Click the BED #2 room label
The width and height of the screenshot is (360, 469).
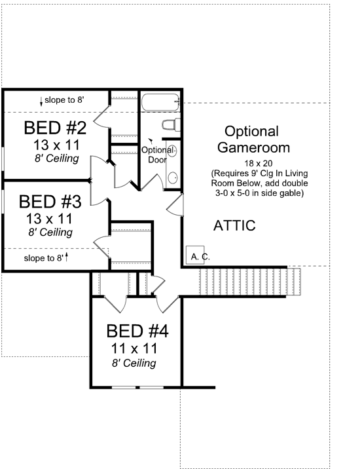click(56, 126)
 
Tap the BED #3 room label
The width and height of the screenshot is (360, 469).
click(49, 200)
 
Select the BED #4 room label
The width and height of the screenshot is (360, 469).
click(137, 331)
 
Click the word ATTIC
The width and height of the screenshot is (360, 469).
click(234, 226)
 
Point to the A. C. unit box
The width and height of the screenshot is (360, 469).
click(198, 257)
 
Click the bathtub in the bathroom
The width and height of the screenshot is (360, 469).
click(159, 102)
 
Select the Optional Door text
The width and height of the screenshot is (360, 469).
click(157, 155)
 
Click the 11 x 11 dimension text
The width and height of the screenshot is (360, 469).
click(137, 348)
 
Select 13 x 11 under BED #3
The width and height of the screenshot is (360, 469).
click(49, 217)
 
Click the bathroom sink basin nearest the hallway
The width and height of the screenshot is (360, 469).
click(173, 177)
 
